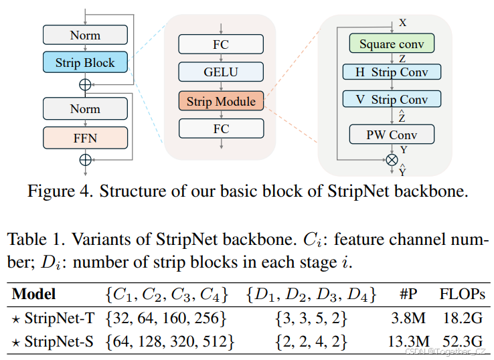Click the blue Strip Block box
pyautogui.click(x=84, y=63)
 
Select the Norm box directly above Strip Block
pyautogui.click(x=84, y=35)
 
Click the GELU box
pyautogui.click(x=221, y=72)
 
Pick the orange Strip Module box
pyautogui.click(x=221, y=102)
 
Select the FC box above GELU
pyautogui.click(x=221, y=44)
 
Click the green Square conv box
pyautogui.click(x=392, y=44)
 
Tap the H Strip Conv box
pyautogui.click(x=392, y=72)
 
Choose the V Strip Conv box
pyautogui.click(x=392, y=99)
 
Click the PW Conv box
pyautogui.click(x=392, y=134)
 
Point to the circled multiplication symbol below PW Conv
pyautogui.click(x=392, y=159)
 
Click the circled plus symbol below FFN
pyautogui.click(x=85, y=159)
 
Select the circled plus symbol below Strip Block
pyautogui.click(x=85, y=84)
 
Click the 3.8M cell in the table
pyautogui.click(x=408, y=317)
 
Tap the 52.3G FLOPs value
pyautogui.click(x=462, y=341)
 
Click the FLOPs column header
pyautogui.click(x=462, y=293)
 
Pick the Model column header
pyautogui.click(x=34, y=293)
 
